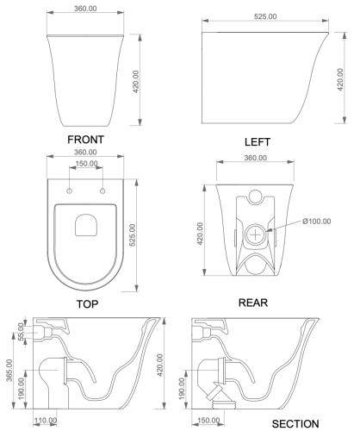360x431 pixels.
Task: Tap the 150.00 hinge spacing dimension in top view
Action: (x=85, y=163)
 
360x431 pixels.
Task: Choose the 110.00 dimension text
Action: (x=46, y=421)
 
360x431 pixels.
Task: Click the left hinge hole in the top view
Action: (x=69, y=190)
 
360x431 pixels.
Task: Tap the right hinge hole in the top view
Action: (x=102, y=190)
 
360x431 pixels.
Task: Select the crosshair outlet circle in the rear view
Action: (x=257, y=233)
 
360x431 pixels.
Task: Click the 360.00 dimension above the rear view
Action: (x=257, y=158)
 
